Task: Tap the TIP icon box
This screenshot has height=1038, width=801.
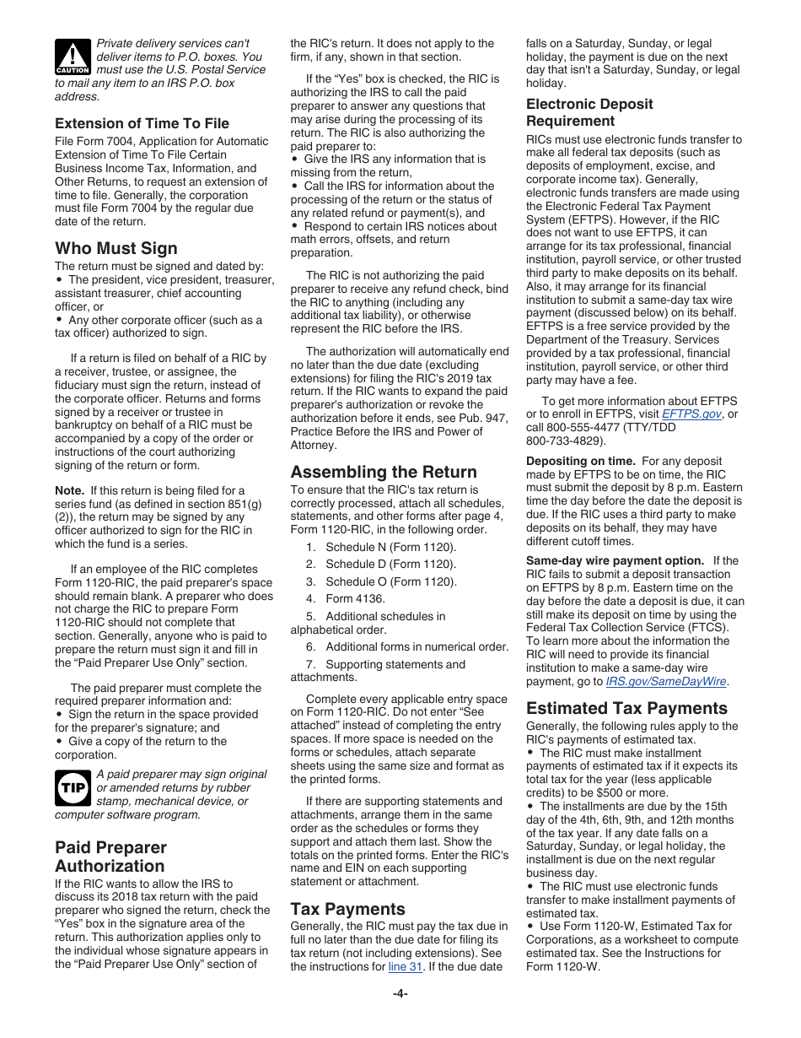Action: point(73,788)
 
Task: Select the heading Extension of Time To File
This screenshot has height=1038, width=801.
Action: point(142,123)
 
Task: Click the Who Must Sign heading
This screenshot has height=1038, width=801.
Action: point(116,248)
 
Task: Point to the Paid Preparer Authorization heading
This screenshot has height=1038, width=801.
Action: point(111,857)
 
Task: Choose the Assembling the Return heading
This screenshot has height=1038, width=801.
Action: point(384,472)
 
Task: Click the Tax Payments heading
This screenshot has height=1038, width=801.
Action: point(347,909)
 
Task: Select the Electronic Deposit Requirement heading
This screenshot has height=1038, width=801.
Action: point(589,112)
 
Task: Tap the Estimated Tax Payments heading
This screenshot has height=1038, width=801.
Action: point(626,708)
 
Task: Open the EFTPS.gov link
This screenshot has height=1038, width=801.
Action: point(691,414)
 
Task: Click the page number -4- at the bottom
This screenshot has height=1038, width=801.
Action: point(400,993)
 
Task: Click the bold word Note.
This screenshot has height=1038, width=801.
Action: point(69,490)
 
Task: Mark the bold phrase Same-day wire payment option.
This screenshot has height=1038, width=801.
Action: point(615,560)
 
